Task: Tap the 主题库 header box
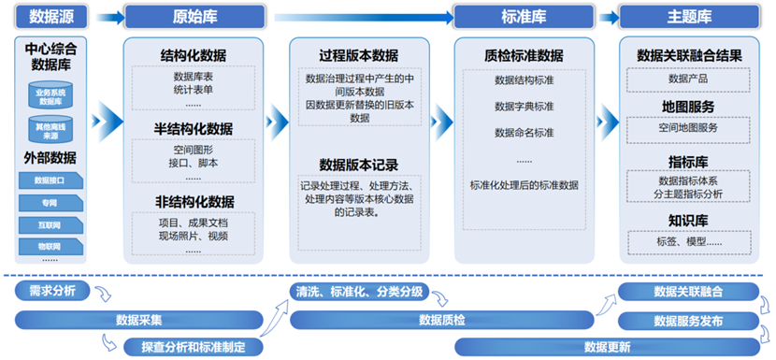point(690,17)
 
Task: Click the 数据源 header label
point(51,17)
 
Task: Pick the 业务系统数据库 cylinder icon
point(51,95)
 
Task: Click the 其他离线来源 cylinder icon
point(51,129)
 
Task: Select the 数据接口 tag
point(51,180)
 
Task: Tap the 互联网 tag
point(51,225)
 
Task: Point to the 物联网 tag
point(51,247)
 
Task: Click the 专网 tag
point(51,202)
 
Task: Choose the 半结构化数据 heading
point(194,129)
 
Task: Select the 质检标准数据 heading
point(524,55)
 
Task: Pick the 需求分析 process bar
point(52,291)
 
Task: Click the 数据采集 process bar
point(140,320)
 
